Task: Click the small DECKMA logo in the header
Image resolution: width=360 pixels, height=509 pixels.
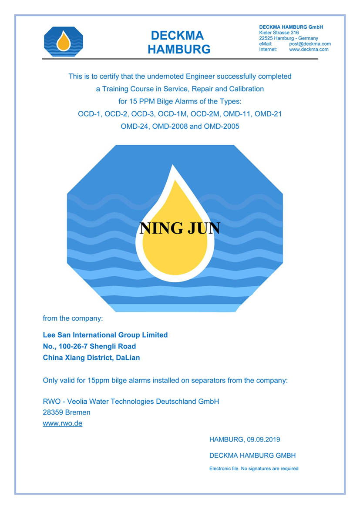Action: click(x=64, y=42)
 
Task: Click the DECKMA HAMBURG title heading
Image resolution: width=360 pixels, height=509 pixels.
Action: click(x=179, y=42)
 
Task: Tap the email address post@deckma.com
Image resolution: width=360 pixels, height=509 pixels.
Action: click(x=310, y=44)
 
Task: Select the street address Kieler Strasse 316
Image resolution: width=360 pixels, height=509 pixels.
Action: click(x=279, y=33)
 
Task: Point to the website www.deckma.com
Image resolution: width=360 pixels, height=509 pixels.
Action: click(x=309, y=50)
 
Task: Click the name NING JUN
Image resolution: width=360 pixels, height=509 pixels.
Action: click(x=179, y=228)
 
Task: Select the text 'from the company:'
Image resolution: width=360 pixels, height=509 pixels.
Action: click(x=73, y=318)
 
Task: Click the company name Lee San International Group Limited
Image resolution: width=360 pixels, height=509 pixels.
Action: click(x=105, y=335)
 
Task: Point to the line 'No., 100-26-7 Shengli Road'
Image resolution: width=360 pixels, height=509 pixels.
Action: click(x=89, y=346)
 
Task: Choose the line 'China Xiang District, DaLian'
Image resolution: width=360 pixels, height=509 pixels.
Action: click(x=91, y=358)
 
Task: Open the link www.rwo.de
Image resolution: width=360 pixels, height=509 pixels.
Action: click(x=62, y=423)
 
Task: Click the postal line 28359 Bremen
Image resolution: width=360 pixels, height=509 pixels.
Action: click(x=67, y=412)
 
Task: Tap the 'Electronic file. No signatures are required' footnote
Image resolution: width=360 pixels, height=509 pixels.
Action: click(x=254, y=469)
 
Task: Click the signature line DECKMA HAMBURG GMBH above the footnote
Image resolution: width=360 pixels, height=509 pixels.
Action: click(x=252, y=455)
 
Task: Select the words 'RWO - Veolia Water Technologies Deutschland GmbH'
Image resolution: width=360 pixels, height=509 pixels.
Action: click(x=131, y=401)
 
